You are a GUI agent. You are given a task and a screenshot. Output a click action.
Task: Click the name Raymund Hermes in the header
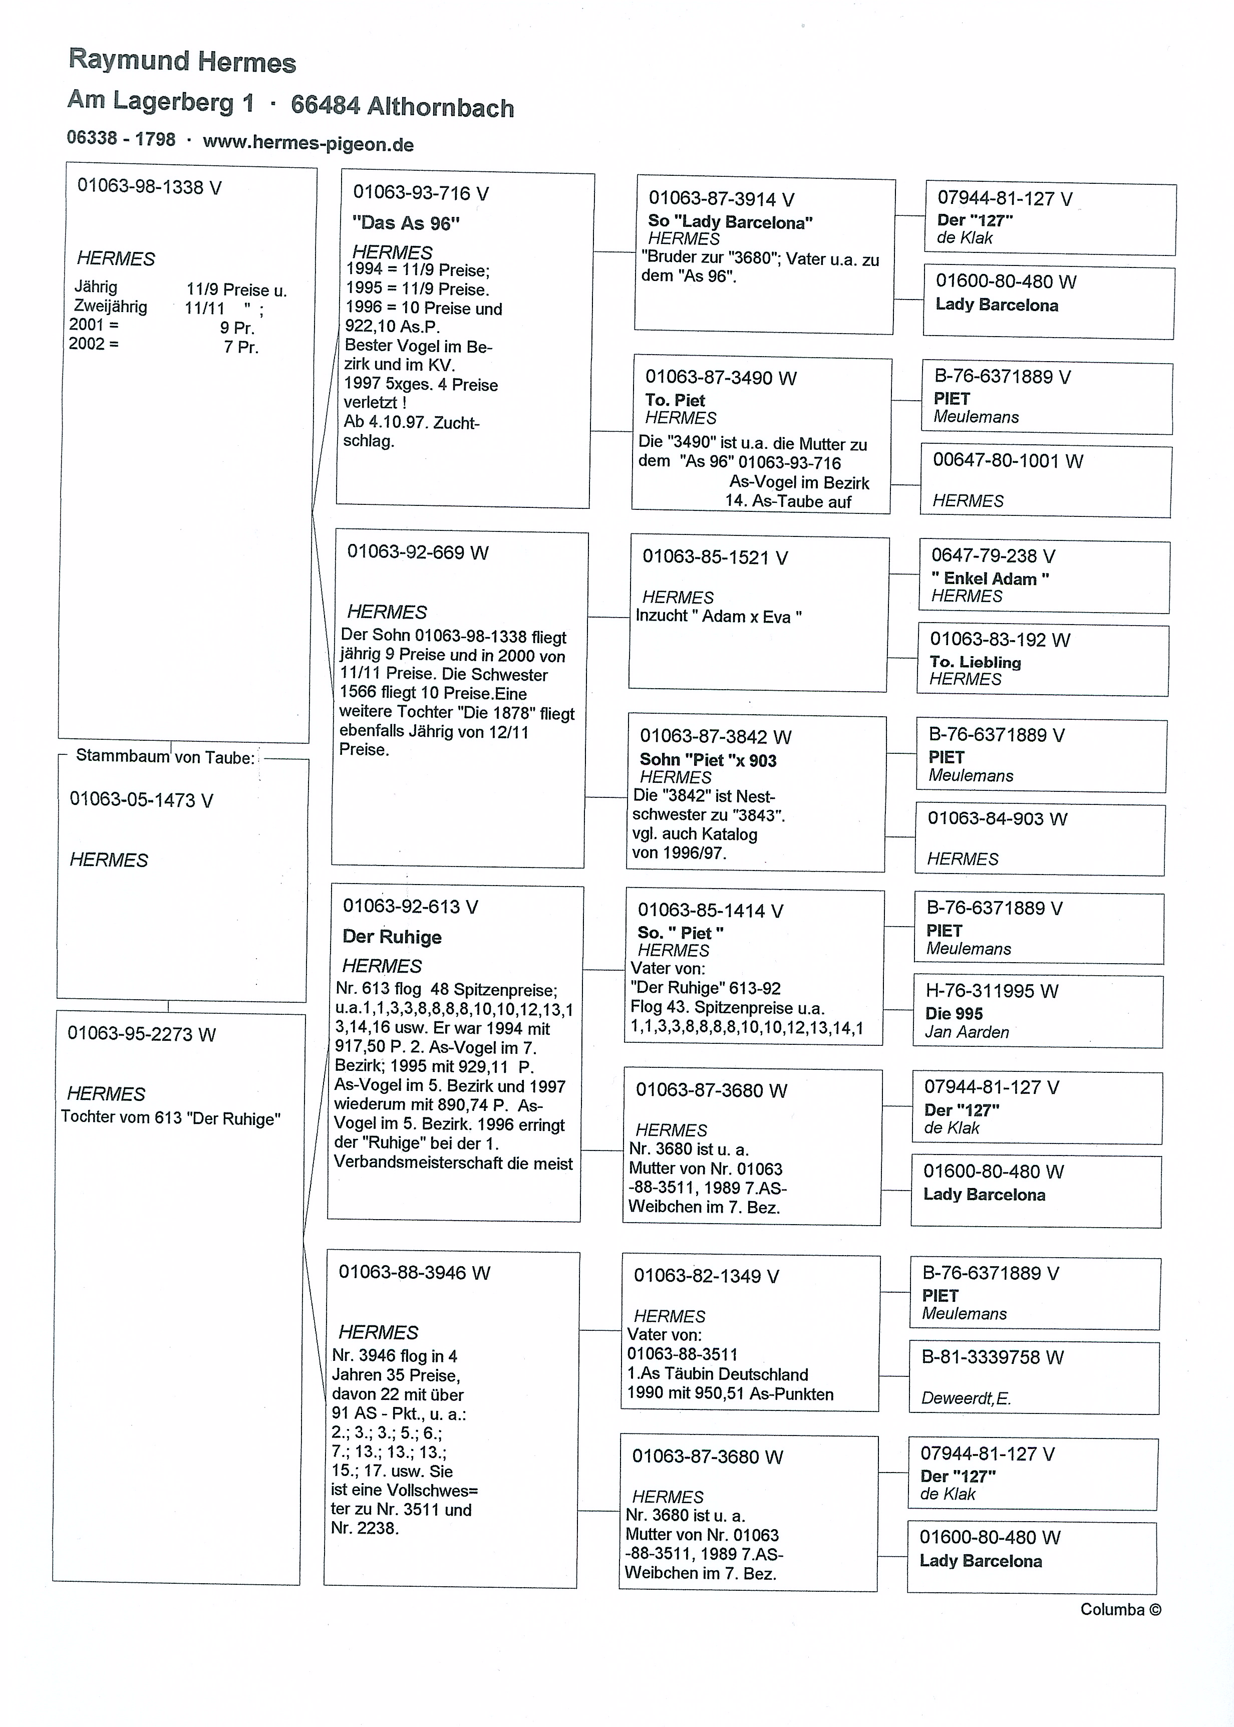point(182,61)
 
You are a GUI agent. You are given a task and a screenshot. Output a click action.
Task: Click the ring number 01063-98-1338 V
point(149,187)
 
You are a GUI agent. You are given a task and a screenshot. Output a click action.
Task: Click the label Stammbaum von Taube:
point(165,757)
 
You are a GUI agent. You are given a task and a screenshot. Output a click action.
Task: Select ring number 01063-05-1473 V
point(141,799)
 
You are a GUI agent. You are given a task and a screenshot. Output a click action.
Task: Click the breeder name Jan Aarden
point(967,1032)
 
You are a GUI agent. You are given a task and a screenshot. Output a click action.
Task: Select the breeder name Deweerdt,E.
point(966,1398)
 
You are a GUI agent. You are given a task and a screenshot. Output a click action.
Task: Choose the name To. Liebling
point(975,662)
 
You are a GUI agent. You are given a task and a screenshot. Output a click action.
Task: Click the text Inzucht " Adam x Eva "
point(718,616)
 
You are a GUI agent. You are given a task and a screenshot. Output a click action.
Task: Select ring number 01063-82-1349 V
point(706,1276)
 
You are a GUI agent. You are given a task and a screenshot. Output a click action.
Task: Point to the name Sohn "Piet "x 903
point(708,760)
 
